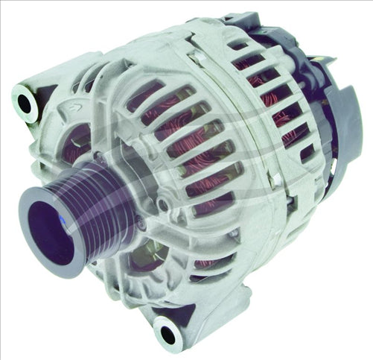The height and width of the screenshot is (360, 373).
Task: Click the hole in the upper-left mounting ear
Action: point(25,104)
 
